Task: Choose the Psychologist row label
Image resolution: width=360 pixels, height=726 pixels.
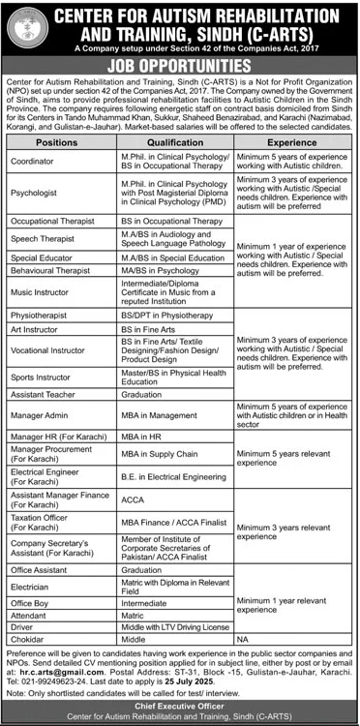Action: (33, 192)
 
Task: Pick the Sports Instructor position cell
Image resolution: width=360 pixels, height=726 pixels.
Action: (41, 374)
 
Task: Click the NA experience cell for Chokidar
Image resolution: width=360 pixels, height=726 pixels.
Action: (242, 641)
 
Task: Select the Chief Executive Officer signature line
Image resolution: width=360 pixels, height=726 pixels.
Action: (180, 706)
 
